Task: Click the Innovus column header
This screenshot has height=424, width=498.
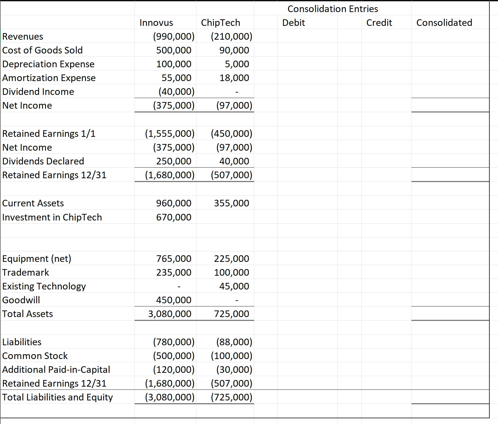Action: click(156, 23)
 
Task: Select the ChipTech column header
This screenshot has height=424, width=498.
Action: click(220, 23)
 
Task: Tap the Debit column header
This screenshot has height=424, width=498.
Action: click(293, 23)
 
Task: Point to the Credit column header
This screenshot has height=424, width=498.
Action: click(379, 23)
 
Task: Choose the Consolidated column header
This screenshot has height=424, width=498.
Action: click(444, 23)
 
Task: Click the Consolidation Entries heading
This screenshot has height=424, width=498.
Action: click(333, 9)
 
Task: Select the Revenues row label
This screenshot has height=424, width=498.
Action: click(23, 37)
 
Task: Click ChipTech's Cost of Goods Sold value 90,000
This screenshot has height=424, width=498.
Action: click(234, 50)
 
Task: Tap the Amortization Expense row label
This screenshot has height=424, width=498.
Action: click(49, 78)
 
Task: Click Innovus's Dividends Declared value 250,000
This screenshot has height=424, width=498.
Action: click(174, 161)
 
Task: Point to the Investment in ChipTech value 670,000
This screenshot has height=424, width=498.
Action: click(174, 217)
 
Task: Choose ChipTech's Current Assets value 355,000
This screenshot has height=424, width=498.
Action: click(231, 203)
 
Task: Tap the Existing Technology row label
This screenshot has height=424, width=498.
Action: click(44, 286)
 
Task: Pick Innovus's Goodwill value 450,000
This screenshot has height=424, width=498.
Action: click(174, 300)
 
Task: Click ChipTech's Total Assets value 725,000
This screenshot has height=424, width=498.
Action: click(231, 314)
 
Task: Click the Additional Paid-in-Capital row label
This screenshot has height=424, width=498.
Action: click(56, 370)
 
